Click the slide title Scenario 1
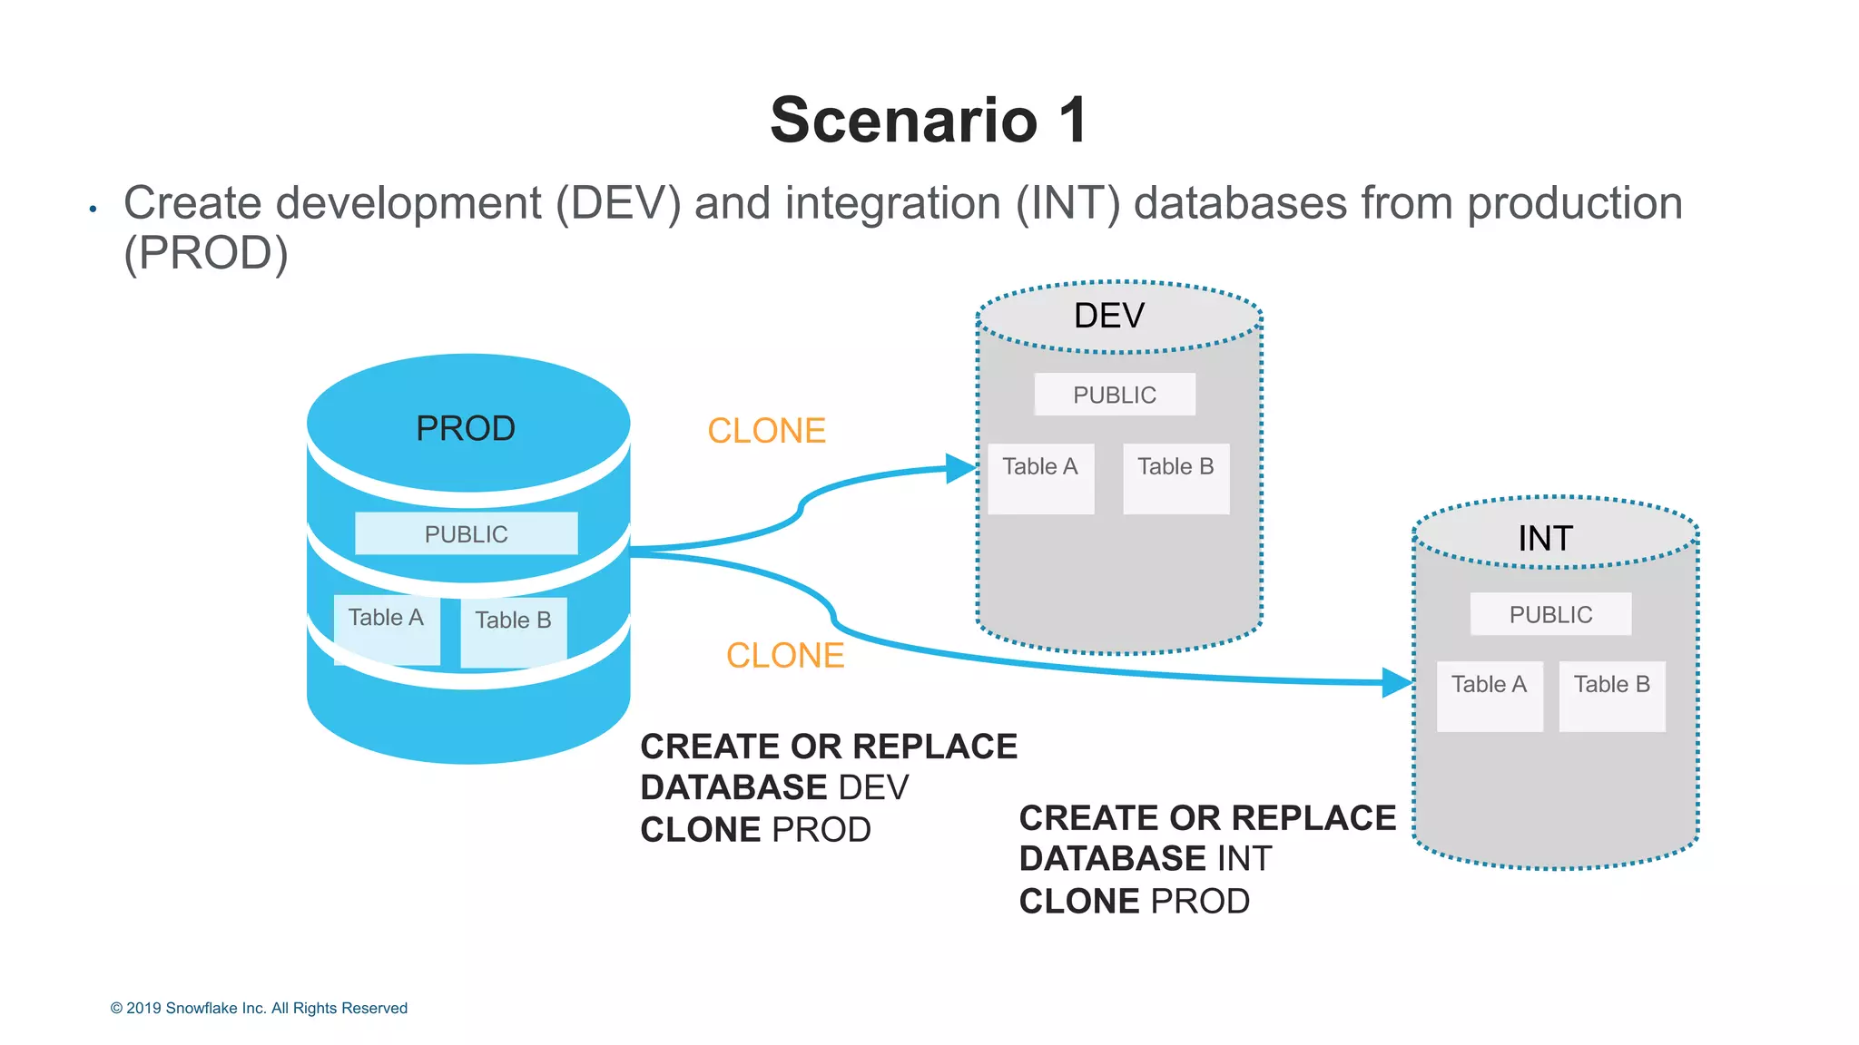click(928, 120)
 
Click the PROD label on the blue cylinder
click(466, 428)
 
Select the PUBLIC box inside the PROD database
click(466, 533)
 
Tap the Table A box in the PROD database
click(387, 629)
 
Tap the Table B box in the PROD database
click(513, 631)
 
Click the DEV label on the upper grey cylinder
click(1109, 316)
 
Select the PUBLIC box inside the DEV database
click(1115, 395)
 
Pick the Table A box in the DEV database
click(1040, 478)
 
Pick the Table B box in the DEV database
click(1175, 478)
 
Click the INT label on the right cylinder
click(1545, 539)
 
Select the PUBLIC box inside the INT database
click(1550, 614)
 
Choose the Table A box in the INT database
click(1490, 696)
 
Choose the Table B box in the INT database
click(1612, 696)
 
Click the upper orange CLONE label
click(766, 431)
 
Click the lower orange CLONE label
click(785, 655)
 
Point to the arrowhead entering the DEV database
click(960, 469)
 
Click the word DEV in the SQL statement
click(873, 787)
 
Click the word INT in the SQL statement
click(1244, 858)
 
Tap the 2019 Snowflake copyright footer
click(259, 1008)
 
